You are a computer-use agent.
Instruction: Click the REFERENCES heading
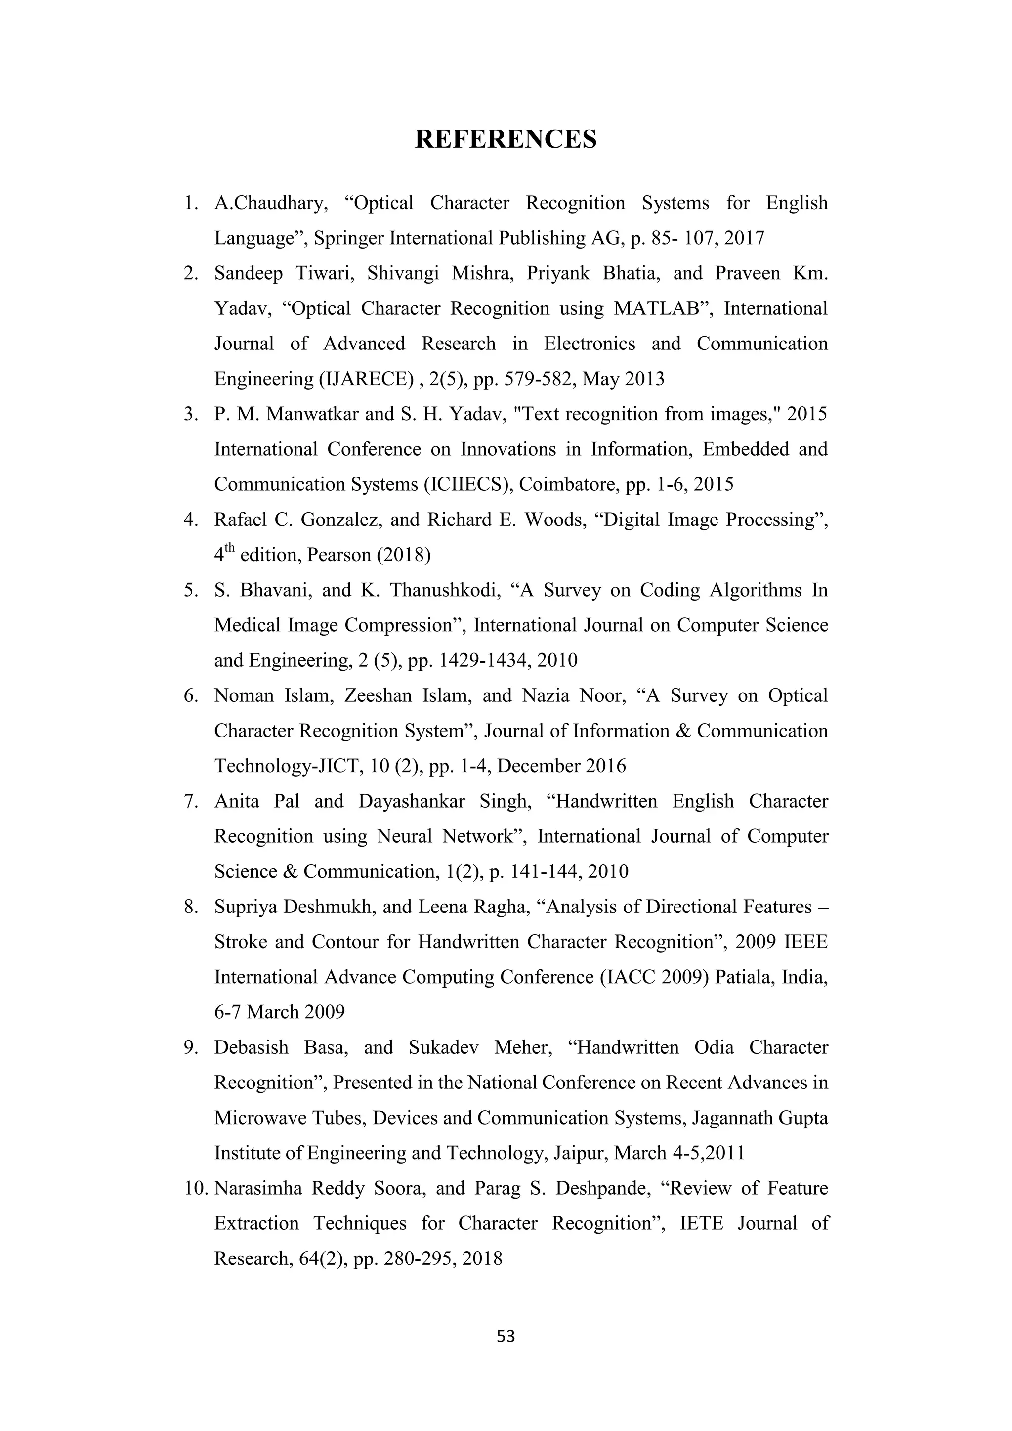click(x=506, y=139)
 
